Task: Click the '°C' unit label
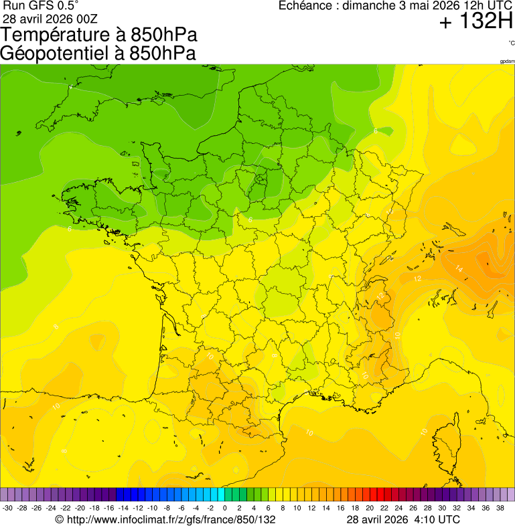click(511, 43)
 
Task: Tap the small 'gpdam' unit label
click(507, 61)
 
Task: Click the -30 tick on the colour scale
click(8, 509)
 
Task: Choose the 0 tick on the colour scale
click(224, 509)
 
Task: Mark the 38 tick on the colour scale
click(499, 509)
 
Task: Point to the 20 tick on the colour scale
click(369, 509)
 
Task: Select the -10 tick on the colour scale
click(152, 509)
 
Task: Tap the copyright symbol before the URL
click(59, 519)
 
